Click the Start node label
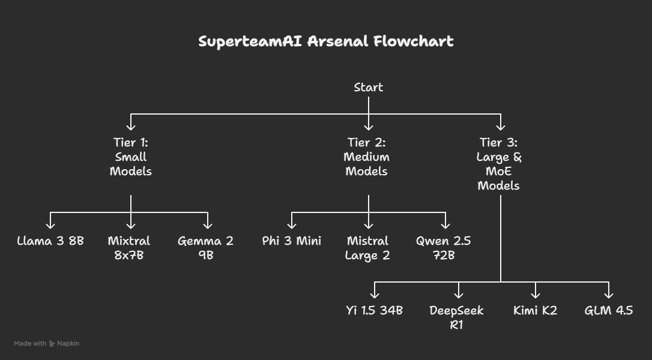(x=369, y=87)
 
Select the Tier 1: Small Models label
(x=130, y=157)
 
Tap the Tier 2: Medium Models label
(x=366, y=157)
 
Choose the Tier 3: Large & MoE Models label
(x=498, y=164)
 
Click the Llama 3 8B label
(x=50, y=241)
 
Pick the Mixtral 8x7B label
(x=129, y=248)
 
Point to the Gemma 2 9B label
(x=205, y=248)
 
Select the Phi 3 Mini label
(x=292, y=241)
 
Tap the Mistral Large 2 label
(x=367, y=248)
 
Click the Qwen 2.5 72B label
(x=443, y=248)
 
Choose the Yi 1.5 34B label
(x=374, y=311)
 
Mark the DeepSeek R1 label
(x=456, y=317)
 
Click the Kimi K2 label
(x=535, y=311)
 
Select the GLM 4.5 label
(x=609, y=311)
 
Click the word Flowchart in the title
(x=413, y=41)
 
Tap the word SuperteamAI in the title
(x=250, y=41)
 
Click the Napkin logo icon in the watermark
(x=52, y=344)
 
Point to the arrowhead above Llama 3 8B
(x=50, y=226)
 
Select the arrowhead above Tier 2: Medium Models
(x=369, y=127)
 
